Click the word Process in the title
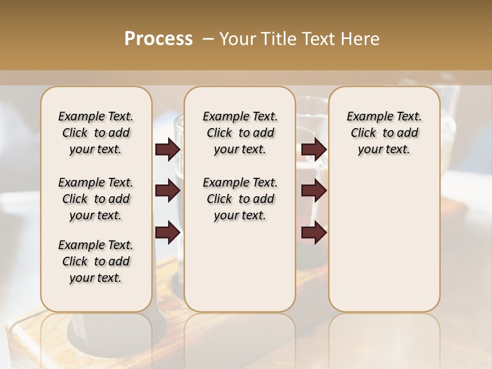(158, 39)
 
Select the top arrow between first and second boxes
(168, 150)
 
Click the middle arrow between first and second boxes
(168, 191)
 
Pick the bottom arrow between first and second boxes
(168, 232)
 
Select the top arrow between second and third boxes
(314, 150)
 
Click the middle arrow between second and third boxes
(314, 191)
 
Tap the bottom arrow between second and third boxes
(314, 232)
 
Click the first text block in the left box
(96, 133)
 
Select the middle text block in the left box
(96, 199)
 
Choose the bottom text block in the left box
(96, 261)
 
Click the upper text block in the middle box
(240, 133)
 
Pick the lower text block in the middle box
(240, 199)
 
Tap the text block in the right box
(384, 133)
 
